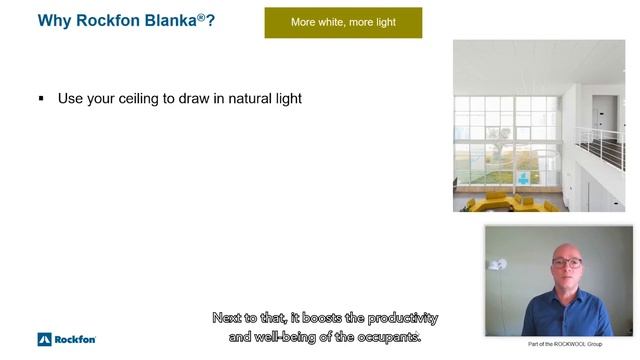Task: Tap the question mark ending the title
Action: tap(210, 19)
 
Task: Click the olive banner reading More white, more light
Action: tap(343, 22)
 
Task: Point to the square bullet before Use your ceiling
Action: tap(41, 99)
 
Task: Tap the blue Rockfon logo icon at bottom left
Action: tap(44, 339)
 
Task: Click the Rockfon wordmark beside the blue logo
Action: tap(75, 339)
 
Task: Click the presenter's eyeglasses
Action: tap(566, 262)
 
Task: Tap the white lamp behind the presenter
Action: tap(498, 266)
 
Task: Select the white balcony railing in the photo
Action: tap(599, 145)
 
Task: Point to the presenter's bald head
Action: tap(565, 245)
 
